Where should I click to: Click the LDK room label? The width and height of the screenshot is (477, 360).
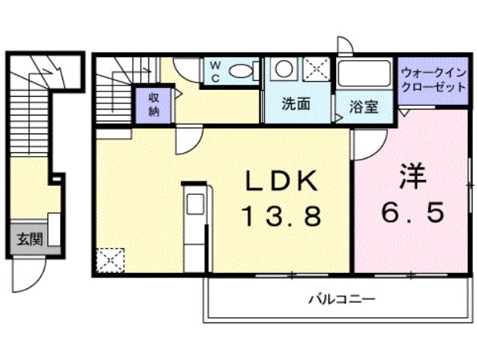pyautogui.click(x=283, y=181)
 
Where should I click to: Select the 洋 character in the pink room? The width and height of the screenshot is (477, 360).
pyautogui.click(x=413, y=177)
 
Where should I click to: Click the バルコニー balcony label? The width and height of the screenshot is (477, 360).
pyautogui.click(x=341, y=298)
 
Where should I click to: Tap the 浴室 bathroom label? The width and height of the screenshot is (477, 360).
pyautogui.click(x=364, y=106)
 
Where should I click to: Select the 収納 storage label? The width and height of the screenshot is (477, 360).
pyautogui.click(x=153, y=103)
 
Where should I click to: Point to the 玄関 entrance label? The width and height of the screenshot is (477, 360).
pyautogui.click(x=29, y=241)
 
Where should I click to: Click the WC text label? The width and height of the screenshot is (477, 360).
pyautogui.click(x=214, y=71)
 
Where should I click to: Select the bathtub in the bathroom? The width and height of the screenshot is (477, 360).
pyautogui.click(x=364, y=75)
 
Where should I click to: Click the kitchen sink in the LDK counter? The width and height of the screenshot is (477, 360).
pyautogui.click(x=193, y=205)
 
